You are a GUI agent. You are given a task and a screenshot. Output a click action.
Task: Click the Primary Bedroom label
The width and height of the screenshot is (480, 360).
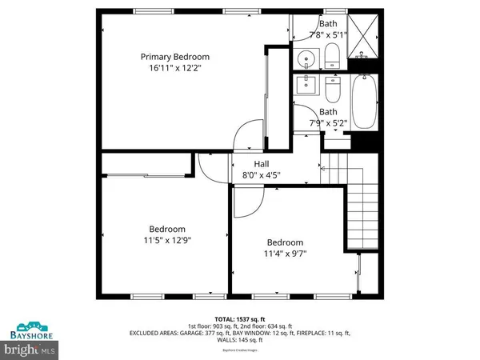pyautogui.click(x=175, y=57)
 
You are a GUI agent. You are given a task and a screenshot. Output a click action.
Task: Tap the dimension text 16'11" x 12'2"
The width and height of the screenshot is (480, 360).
pyautogui.click(x=175, y=69)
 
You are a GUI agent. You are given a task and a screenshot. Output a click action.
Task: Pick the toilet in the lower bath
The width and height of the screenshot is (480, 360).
pyautogui.click(x=334, y=88)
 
